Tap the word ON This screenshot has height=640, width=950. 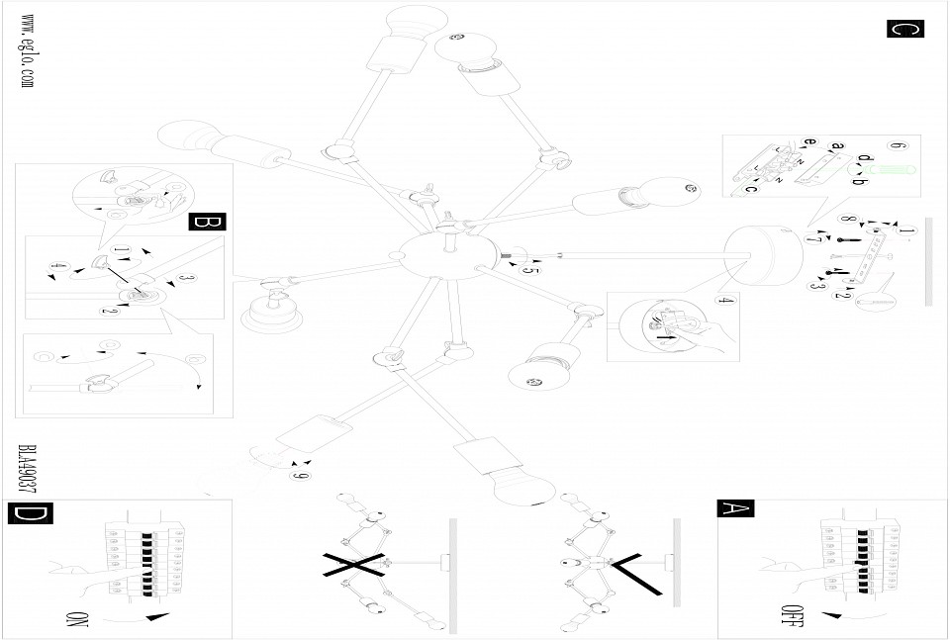pos(78,621)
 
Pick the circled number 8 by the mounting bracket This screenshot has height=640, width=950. pos(846,219)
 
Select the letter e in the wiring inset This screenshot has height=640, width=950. pos(809,142)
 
